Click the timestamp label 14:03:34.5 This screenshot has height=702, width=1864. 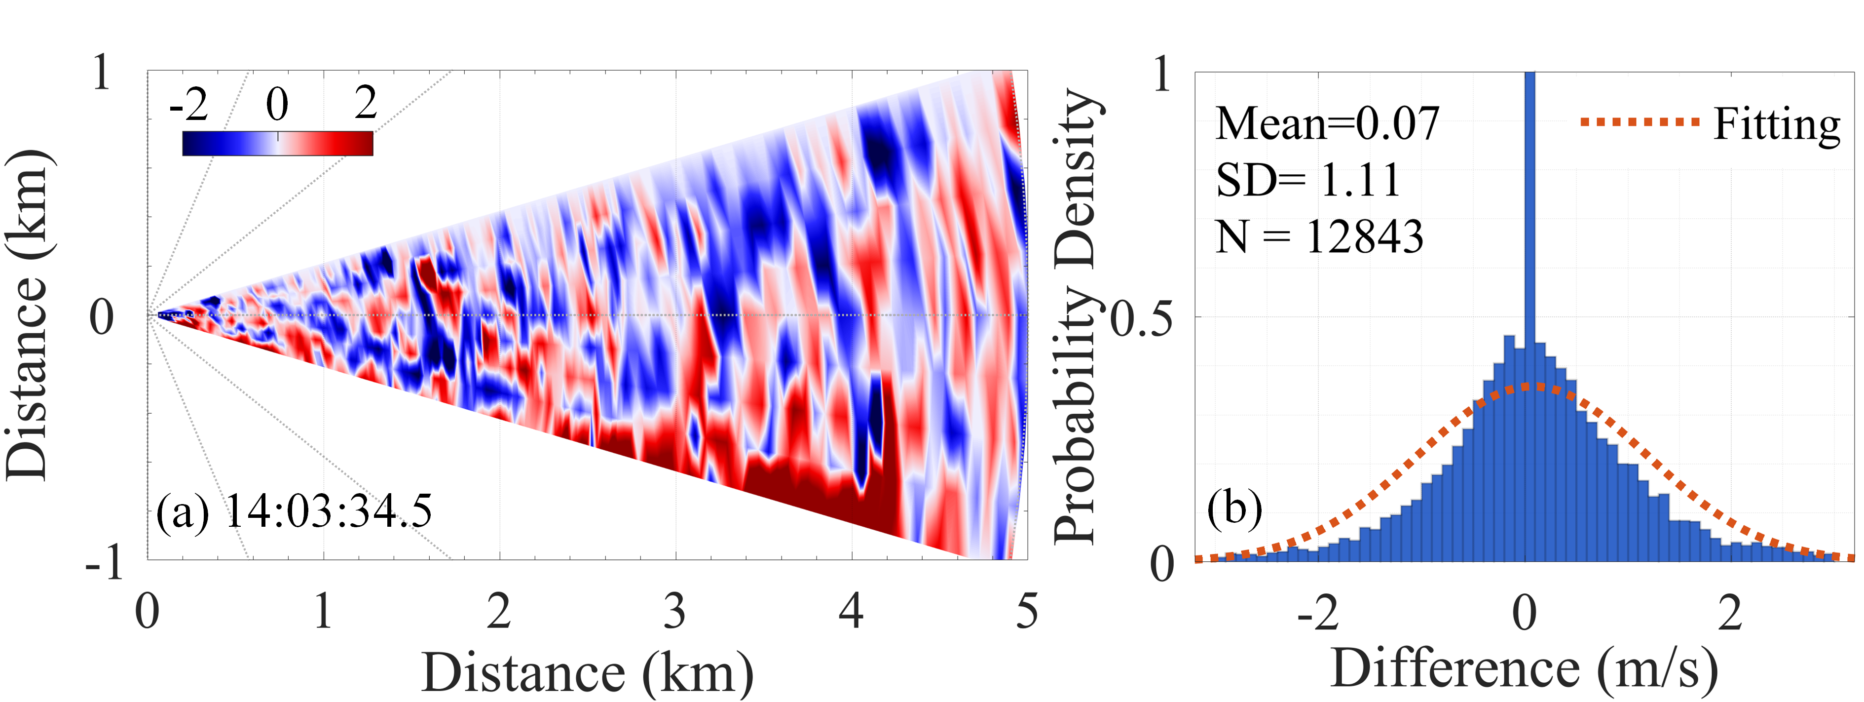tap(329, 510)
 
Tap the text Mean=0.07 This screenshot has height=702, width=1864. tap(1327, 124)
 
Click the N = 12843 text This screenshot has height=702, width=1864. tap(1319, 236)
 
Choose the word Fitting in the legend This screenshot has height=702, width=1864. tap(1777, 124)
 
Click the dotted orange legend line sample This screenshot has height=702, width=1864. tap(1640, 122)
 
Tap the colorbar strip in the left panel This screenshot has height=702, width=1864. tap(277, 143)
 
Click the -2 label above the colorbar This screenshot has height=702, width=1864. tap(189, 104)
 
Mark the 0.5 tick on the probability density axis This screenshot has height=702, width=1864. tap(1141, 319)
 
